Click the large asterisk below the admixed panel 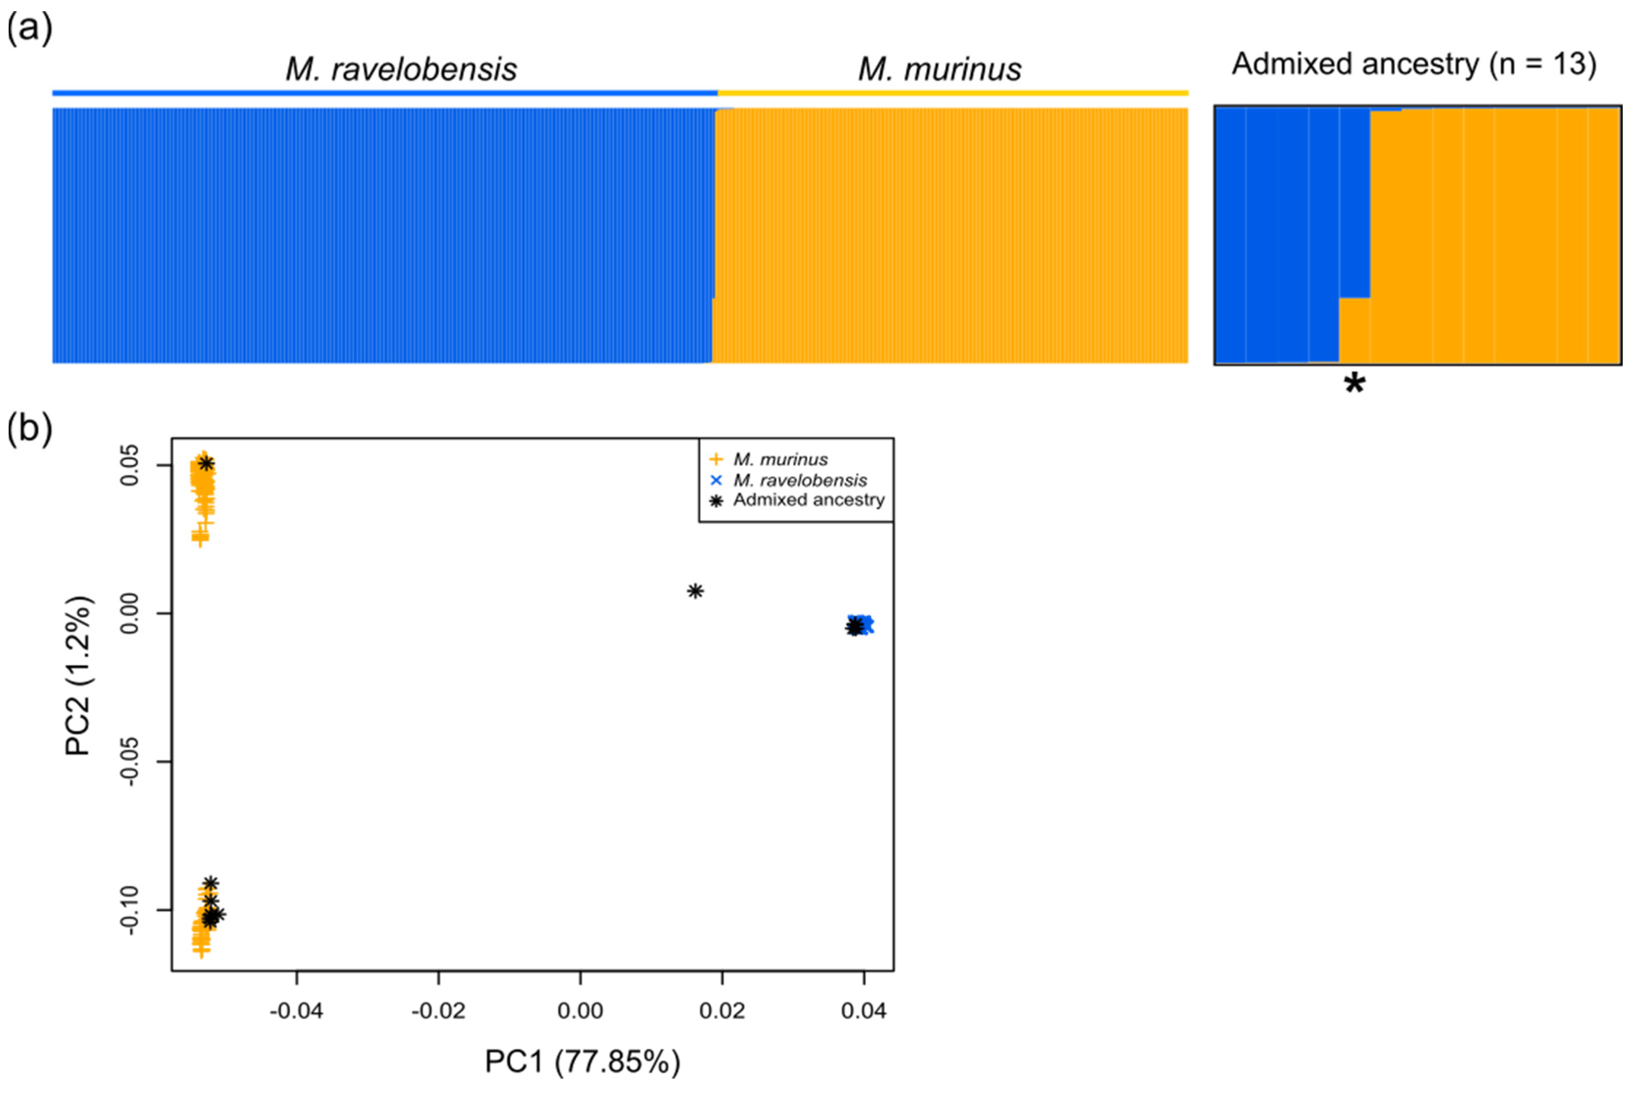click(1354, 385)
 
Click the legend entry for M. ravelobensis click(799, 480)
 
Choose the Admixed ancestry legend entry click(808, 500)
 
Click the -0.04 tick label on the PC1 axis click(296, 1011)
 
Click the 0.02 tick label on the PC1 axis click(722, 1011)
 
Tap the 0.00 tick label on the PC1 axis click(580, 1011)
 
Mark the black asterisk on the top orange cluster click(206, 463)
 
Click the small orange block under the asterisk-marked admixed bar click(1354, 330)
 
